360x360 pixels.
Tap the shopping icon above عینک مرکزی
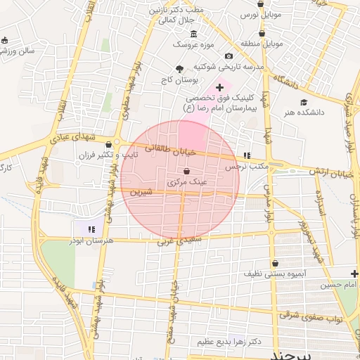click(186, 172)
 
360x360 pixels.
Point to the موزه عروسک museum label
click(188, 44)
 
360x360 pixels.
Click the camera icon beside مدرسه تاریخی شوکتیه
click(229, 56)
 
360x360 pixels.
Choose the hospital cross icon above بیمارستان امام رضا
click(219, 88)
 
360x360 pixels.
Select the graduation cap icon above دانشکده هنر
click(304, 102)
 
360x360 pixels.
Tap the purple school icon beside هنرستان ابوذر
click(90, 229)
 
